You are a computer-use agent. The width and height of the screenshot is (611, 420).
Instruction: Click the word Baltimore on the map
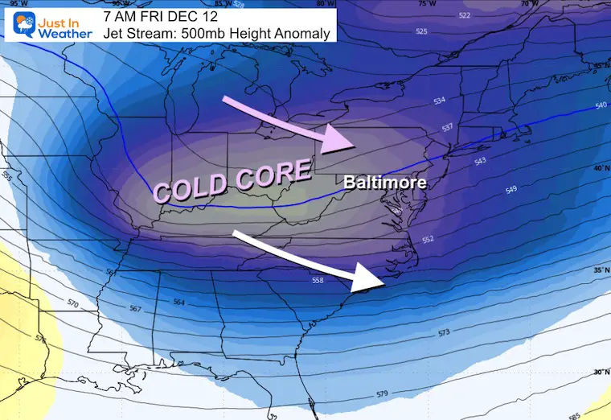click(384, 183)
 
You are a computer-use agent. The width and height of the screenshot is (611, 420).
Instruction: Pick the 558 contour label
click(319, 280)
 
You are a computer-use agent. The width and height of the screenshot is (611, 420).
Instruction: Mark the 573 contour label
click(443, 332)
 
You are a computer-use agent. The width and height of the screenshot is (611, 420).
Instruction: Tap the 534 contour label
click(439, 101)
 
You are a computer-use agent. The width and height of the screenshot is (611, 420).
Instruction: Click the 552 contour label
click(428, 240)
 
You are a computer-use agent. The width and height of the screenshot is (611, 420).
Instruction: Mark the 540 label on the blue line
click(601, 105)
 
